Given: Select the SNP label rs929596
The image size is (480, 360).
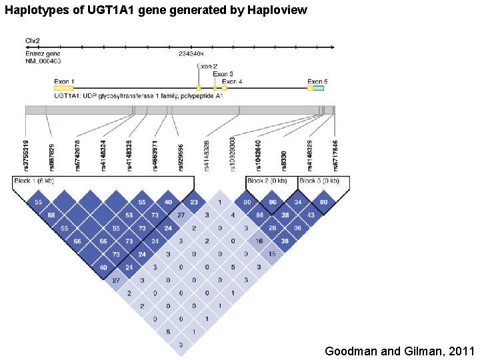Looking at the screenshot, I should [181, 155].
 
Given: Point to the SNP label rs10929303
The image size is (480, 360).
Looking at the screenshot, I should [233, 154].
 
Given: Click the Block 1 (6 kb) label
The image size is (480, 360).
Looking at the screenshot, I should [33, 180].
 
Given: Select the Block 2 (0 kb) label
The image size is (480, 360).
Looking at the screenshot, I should [267, 180].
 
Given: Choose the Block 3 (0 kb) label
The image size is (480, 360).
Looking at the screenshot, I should [318, 180].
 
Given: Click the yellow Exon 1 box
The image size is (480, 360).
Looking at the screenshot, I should [63, 88].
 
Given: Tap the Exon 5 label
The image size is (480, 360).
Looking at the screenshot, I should [317, 81].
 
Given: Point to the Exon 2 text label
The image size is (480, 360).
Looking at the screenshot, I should [207, 66].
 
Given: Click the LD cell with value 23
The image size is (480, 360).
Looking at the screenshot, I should [193, 202].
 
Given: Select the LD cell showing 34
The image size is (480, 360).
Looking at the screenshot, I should [297, 202].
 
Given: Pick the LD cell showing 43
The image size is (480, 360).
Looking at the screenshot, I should [311, 215].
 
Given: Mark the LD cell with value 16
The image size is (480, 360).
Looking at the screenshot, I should [259, 241].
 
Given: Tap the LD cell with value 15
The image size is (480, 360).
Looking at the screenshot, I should [271, 254].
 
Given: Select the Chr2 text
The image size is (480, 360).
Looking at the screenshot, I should [33, 41].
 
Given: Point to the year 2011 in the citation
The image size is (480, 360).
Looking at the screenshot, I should [462, 351].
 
